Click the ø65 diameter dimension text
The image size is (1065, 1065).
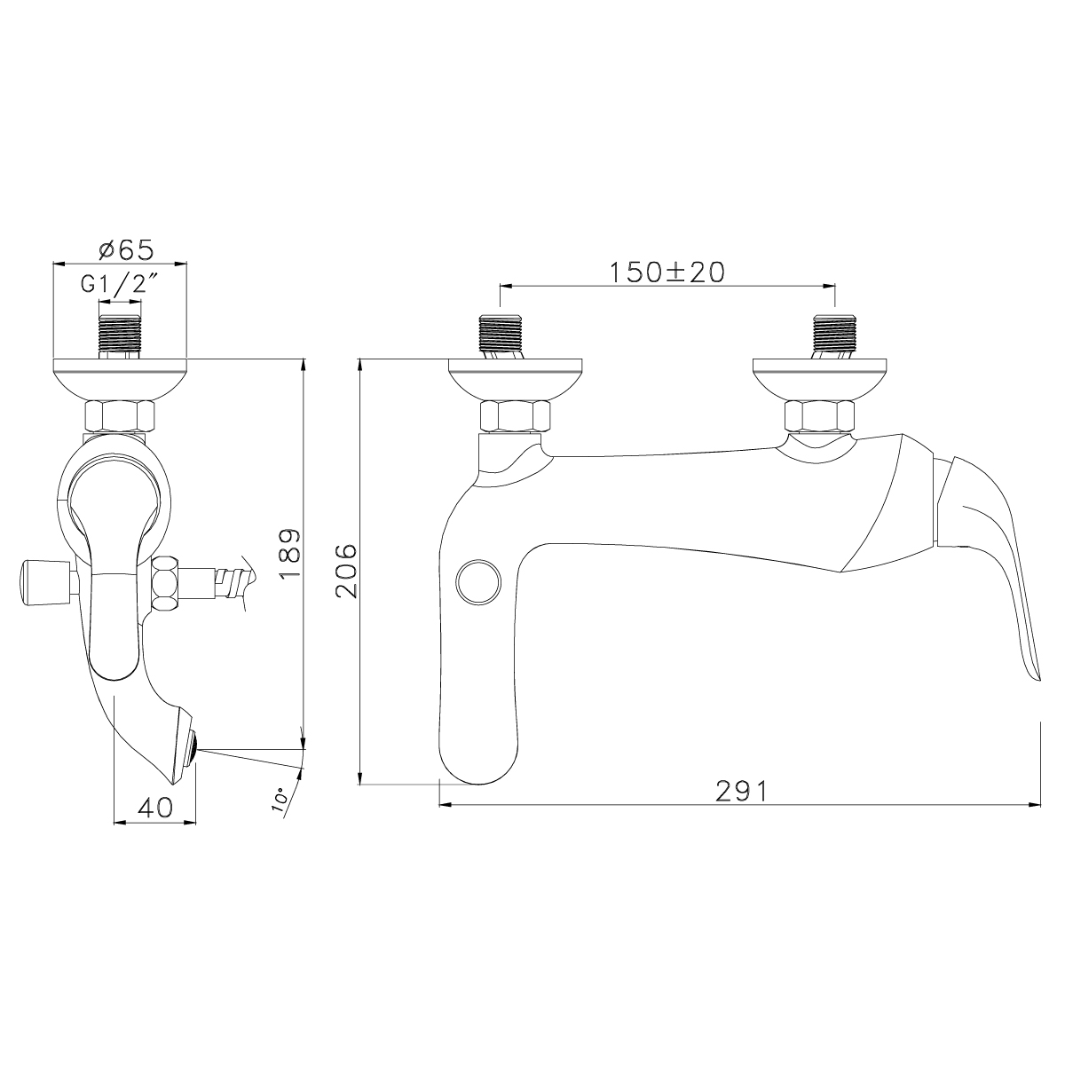122,249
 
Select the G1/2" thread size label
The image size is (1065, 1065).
121,286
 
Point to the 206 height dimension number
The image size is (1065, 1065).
347,571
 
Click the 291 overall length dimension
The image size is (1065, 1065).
741,791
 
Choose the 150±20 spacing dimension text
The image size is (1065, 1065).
667,272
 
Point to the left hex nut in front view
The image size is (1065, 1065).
516,416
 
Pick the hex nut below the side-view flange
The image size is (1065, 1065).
120,416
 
